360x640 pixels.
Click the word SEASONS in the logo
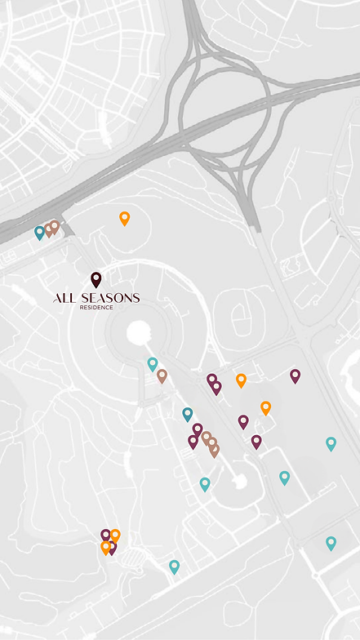tap(109, 299)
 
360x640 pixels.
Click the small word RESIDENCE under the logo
tap(96, 309)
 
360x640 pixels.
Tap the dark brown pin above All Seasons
tap(96, 279)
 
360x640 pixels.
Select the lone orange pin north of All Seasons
tap(124, 218)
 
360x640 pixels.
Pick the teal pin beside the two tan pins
tap(39, 233)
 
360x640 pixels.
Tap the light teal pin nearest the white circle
tap(152, 363)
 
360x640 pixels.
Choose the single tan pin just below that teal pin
tap(162, 376)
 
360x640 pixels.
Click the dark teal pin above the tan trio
tap(188, 414)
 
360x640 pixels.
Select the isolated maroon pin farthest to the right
tap(296, 376)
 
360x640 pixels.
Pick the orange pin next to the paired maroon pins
tap(241, 380)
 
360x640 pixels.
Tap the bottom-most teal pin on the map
tap(174, 566)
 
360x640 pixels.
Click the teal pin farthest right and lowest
tap(331, 542)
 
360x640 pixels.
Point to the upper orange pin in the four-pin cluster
tap(115, 535)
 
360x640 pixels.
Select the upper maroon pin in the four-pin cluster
tap(105, 535)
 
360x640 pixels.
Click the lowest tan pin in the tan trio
tap(214, 450)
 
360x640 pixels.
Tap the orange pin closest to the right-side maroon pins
tap(265, 407)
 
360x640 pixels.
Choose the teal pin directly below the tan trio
tap(205, 484)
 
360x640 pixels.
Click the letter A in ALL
tap(57, 299)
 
